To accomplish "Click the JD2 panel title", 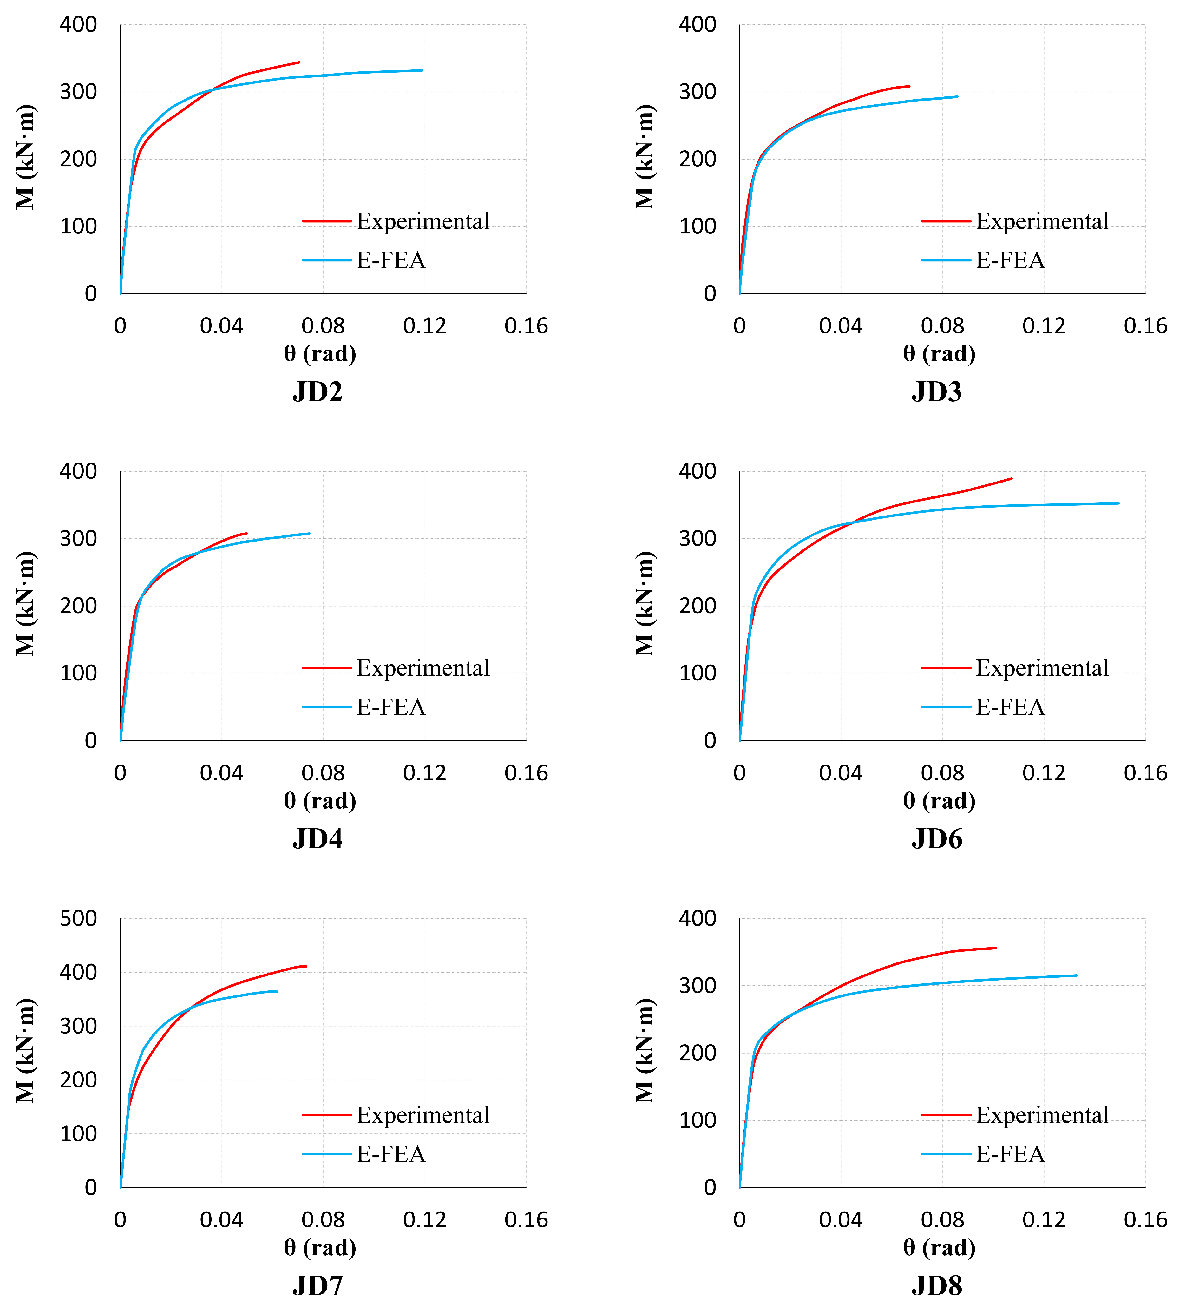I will pos(318,392).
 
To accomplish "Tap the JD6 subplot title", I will pos(937,839).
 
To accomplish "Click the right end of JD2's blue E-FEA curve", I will pos(422,70).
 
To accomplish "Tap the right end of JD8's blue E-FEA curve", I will pos(1077,975).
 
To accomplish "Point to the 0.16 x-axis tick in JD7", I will pos(526,1220).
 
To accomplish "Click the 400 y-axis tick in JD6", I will pos(698,472).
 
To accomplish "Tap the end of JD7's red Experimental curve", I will pos(306,966).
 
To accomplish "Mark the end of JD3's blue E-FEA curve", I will pos(958,96).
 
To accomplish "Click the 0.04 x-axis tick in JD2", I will pos(221,326).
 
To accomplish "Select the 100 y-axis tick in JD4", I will pos(78,673).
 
